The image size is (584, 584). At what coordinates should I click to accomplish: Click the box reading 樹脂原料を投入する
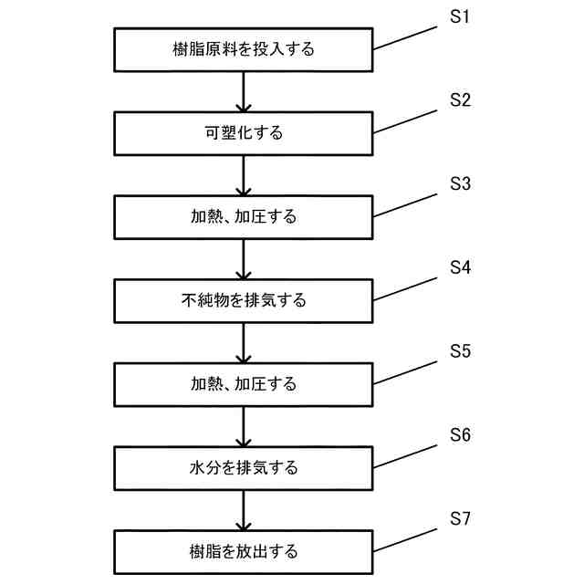(243, 49)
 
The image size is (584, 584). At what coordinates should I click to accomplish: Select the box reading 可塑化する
(243, 133)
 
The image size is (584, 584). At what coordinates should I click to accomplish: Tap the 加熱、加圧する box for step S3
(243, 217)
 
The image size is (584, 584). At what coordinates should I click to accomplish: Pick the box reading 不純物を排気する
(243, 300)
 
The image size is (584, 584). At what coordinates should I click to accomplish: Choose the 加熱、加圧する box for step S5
(243, 384)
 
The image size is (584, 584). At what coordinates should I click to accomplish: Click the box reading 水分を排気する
(243, 468)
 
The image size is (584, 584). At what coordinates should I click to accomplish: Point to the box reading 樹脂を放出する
(243, 551)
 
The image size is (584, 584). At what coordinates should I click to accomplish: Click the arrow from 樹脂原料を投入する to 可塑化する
(243, 91)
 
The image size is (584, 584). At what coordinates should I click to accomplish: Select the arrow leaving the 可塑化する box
(243, 175)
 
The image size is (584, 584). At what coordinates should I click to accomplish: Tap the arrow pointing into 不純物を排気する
(243, 259)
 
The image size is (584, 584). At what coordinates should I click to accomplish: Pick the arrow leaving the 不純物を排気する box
(243, 342)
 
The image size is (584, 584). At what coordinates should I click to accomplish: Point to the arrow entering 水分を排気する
(243, 426)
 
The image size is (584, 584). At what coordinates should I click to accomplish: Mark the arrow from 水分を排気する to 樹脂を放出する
(243, 510)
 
